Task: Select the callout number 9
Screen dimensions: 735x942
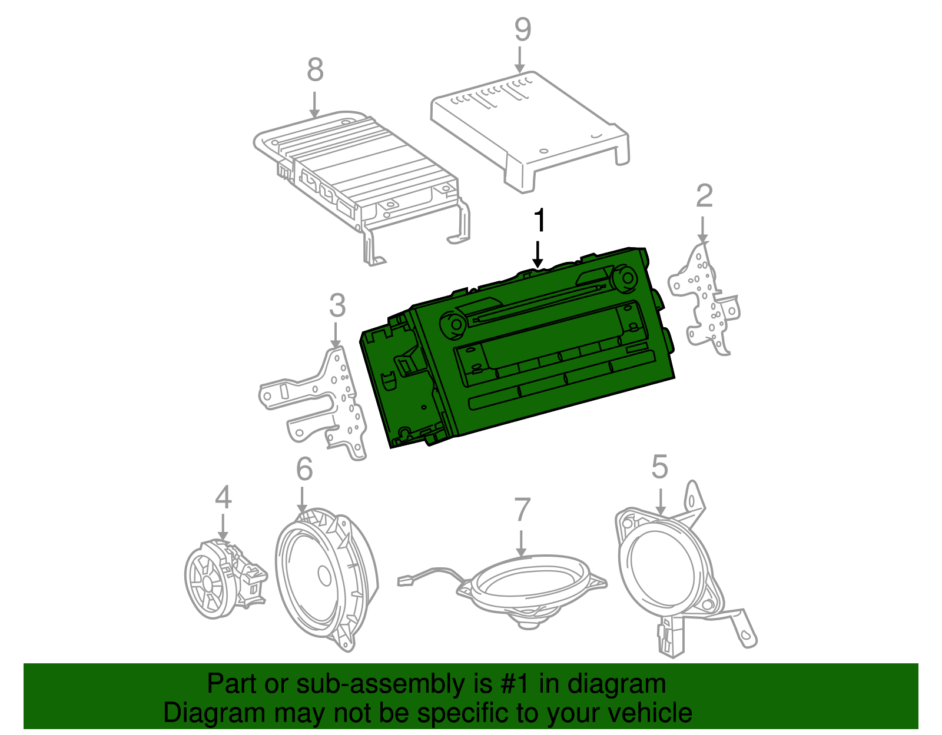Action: point(522,29)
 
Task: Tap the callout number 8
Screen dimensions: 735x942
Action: point(315,70)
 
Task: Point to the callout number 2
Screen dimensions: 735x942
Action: point(704,196)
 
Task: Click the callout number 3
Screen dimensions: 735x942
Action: point(337,305)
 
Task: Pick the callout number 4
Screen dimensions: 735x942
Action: point(223,498)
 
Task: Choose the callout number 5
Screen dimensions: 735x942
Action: point(659,467)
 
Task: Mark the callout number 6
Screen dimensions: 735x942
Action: point(304,469)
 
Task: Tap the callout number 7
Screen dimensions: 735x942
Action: point(522,510)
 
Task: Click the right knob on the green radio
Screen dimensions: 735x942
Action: point(624,278)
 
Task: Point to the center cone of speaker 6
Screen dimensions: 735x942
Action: point(324,575)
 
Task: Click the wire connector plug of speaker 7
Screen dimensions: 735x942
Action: point(406,580)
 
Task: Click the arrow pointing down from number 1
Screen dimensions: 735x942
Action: point(538,253)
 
